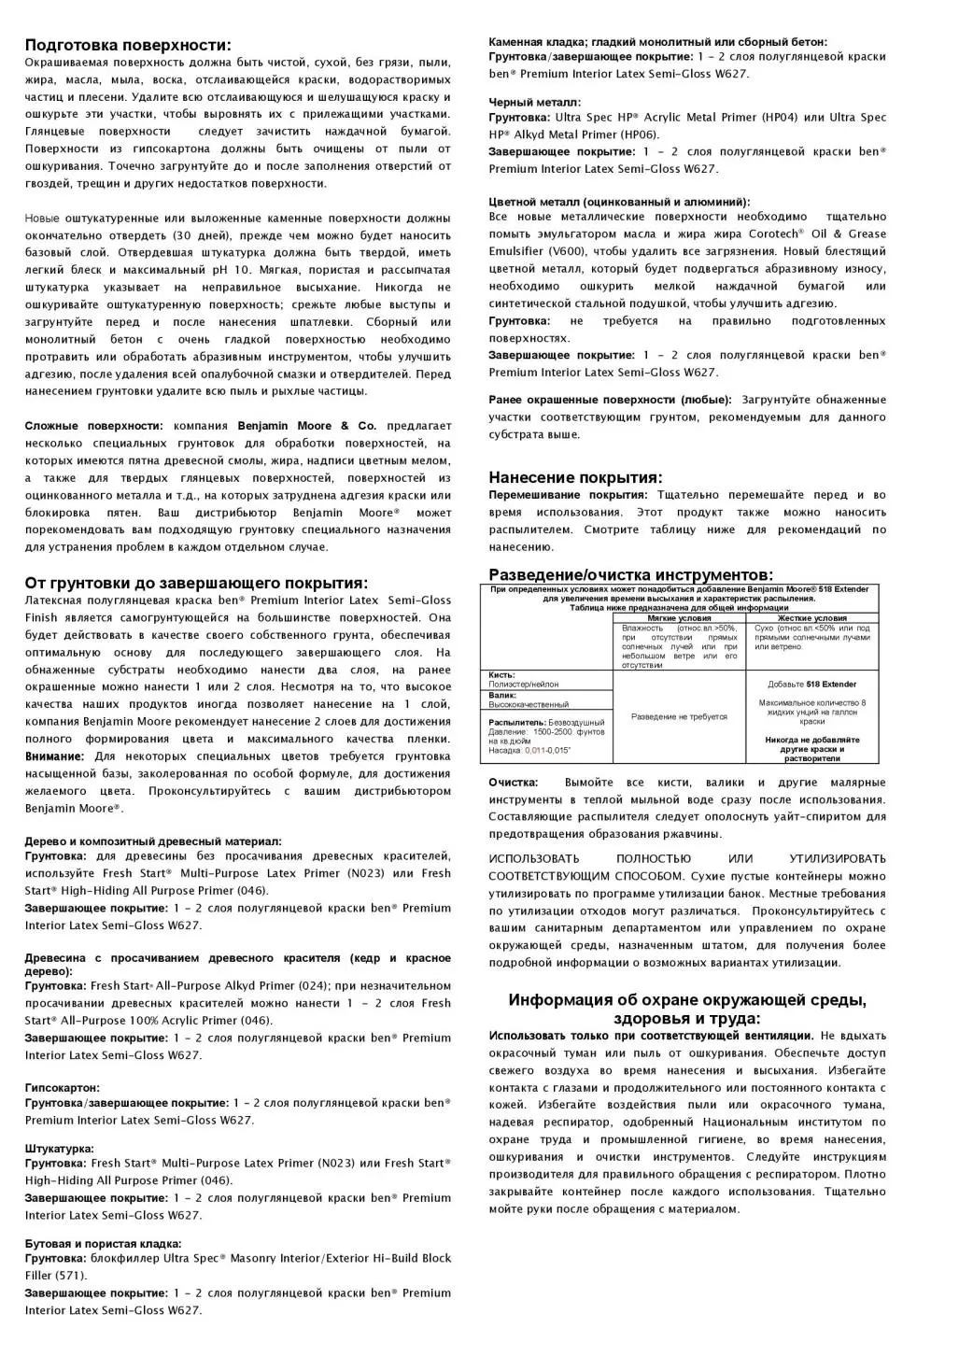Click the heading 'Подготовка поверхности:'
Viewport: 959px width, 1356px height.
click(128, 45)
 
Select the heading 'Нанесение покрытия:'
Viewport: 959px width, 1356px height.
click(575, 477)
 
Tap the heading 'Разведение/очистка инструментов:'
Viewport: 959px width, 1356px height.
click(630, 574)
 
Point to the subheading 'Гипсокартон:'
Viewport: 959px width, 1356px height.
click(62, 1088)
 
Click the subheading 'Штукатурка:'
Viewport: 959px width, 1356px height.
click(59, 1149)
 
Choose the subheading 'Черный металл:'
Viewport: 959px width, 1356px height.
click(534, 102)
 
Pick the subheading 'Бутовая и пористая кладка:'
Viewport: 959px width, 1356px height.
click(103, 1244)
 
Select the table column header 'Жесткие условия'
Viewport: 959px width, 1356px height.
click(812, 618)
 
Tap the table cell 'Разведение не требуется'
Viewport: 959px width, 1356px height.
click(679, 716)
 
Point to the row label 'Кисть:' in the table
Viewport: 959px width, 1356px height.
click(501, 675)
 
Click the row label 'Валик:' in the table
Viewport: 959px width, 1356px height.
click(501, 696)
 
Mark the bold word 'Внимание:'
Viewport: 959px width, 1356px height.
click(54, 756)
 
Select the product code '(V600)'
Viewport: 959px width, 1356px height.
click(572, 251)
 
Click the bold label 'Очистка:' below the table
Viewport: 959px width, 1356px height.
click(513, 783)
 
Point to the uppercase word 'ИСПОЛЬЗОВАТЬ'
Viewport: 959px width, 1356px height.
click(533, 859)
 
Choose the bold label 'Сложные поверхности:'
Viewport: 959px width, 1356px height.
click(93, 426)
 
